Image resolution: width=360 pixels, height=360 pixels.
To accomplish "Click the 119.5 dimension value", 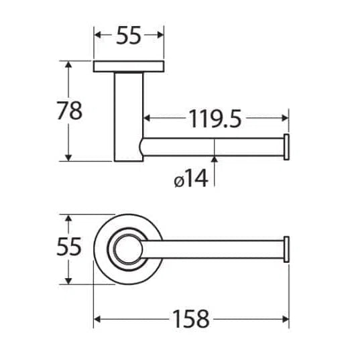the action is click(x=215, y=119).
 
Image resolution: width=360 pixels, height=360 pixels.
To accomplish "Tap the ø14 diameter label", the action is click(x=191, y=178).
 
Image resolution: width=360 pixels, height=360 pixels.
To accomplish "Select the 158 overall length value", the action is click(x=191, y=319).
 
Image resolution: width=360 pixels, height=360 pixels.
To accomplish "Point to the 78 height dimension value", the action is click(x=69, y=111).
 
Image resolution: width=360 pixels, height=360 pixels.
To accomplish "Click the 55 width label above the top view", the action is click(x=128, y=35).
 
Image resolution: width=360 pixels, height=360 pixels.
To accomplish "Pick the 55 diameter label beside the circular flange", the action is click(x=69, y=246).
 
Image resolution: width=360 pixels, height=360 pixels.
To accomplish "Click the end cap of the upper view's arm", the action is click(x=286, y=147).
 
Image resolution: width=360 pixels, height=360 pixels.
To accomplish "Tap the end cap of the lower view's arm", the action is click(x=286, y=249).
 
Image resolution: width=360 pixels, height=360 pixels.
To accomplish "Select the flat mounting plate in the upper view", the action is click(x=129, y=66).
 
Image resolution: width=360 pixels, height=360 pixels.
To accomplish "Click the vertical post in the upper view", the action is click(x=129, y=117).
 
